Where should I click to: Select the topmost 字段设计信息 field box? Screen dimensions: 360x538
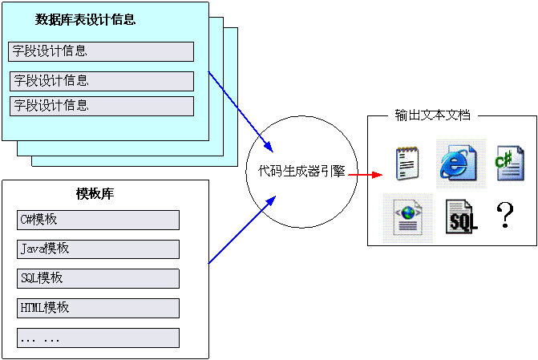click(101, 52)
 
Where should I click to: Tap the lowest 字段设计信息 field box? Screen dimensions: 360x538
click(101, 106)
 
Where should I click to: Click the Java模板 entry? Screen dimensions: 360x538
click(98, 249)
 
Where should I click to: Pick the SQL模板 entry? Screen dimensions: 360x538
click(98, 279)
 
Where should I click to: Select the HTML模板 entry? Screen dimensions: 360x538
click(98, 308)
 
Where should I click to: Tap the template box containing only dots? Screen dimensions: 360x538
click(98, 338)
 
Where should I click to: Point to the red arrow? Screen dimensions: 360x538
click(364, 175)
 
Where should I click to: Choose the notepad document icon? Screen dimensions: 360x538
click(407, 163)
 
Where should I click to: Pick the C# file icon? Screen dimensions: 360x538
click(508, 163)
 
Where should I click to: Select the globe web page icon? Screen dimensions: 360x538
click(407, 217)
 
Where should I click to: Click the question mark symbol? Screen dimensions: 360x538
click(504, 216)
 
